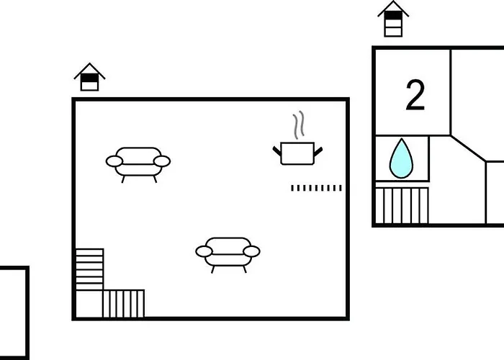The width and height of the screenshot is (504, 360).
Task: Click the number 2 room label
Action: point(415,95)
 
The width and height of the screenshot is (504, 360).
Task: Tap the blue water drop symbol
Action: point(401,159)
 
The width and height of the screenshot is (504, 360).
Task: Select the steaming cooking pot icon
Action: point(297,138)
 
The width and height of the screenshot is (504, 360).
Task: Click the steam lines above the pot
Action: point(299,125)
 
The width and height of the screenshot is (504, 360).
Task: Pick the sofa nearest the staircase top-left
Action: point(138,165)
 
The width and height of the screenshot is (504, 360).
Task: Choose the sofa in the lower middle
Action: point(228,255)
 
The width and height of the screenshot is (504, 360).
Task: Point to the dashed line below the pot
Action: point(317,188)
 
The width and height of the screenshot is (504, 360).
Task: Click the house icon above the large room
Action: point(90,77)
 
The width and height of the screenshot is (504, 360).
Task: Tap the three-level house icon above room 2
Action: point(393,19)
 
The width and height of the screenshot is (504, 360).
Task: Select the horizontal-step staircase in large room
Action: point(89,269)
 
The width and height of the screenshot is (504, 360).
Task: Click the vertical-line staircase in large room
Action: point(123,303)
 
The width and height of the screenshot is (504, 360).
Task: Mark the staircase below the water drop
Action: point(402,205)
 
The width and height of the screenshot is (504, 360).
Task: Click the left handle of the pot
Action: point(276,150)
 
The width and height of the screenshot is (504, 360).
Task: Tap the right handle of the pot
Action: point(318,151)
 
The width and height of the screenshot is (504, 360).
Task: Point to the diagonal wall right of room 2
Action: point(468,148)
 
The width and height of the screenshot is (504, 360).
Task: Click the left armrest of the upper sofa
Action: point(114,161)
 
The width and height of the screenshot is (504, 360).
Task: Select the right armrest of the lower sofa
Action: point(252,251)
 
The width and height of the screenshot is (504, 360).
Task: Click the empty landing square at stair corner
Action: point(89,304)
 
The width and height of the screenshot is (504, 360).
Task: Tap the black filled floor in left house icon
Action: point(90,78)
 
